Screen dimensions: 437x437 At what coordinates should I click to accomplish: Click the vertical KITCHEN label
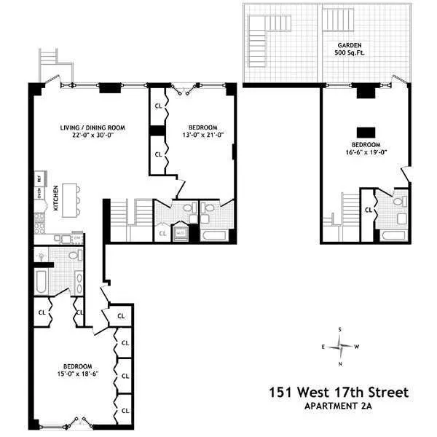(x=57, y=199)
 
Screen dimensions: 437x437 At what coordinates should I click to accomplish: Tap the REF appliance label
(x=38, y=178)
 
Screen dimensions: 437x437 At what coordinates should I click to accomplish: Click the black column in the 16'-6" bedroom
(x=365, y=132)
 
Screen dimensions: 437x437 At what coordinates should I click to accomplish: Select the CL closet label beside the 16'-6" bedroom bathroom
(x=369, y=210)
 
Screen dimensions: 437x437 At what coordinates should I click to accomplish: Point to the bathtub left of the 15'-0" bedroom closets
(x=41, y=280)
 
